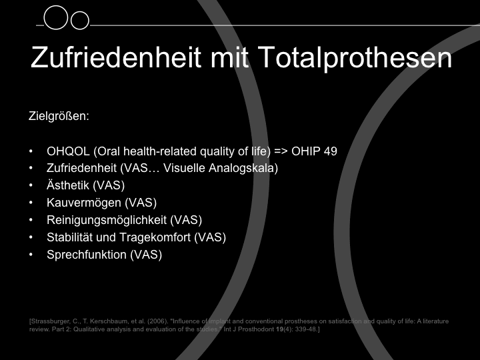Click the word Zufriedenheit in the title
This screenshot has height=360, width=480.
(116, 57)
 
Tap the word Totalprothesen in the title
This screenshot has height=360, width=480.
(355, 59)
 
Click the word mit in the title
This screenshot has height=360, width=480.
(229, 57)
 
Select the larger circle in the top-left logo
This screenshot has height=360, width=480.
(55, 18)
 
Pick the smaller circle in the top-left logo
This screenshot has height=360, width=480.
(79, 21)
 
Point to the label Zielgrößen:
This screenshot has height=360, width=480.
(59, 116)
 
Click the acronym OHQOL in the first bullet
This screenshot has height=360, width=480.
(68, 151)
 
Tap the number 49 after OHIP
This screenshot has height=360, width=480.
(330, 151)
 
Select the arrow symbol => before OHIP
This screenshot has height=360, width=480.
(281, 151)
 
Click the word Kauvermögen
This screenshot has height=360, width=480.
(84, 203)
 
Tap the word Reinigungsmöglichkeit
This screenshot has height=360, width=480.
(107, 220)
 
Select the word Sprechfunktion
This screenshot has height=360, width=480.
(86, 255)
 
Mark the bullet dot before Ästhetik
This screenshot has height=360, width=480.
(31, 185)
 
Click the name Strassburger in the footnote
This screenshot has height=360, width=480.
(51, 321)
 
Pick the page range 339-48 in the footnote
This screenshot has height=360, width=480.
(305, 329)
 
